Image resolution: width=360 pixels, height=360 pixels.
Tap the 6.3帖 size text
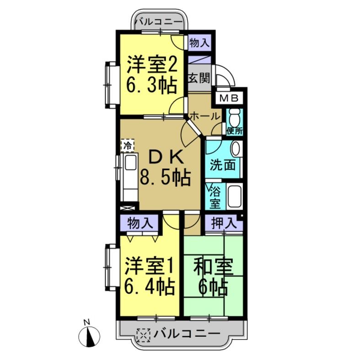tap(151, 86)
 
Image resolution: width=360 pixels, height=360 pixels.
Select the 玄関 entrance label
tap(199, 77)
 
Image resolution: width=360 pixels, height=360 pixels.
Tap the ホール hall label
tap(204, 116)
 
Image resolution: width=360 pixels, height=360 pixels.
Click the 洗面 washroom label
tap(223, 164)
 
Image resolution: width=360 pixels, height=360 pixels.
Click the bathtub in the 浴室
tap(235, 196)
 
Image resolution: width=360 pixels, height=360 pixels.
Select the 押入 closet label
tap(223, 224)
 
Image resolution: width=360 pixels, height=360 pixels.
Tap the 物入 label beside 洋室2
tap(199, 43)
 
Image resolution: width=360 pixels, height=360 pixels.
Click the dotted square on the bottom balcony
tap(144, 334)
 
